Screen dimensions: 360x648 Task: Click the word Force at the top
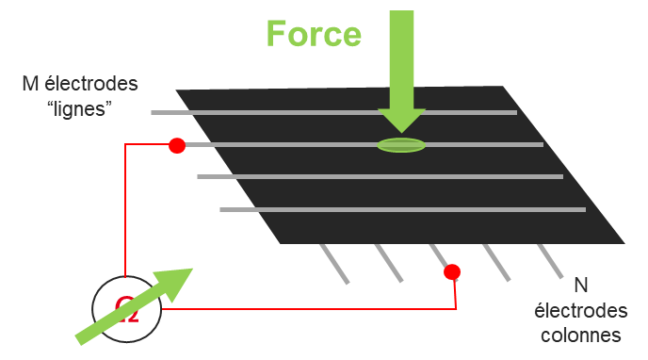(x=313, y=34)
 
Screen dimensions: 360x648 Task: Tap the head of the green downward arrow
(x=402, y=120)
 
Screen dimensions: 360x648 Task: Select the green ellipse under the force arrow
(x=401, y=145)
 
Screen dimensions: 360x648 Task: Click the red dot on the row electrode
(x=176, y=145)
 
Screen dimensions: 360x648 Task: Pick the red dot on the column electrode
(x=452, y=272)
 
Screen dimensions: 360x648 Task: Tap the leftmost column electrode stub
(x=334, y=264)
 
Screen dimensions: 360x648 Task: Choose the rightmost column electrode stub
(x=550, y=262)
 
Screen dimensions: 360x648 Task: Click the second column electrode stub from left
(x=388, y=263)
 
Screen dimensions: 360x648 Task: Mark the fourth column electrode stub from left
(x=496, y=263)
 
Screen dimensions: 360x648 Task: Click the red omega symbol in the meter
(x=126, y=309)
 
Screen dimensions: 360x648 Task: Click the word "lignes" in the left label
(x=80, y=108)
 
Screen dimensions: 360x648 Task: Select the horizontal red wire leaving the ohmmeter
(x=311, y=308)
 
